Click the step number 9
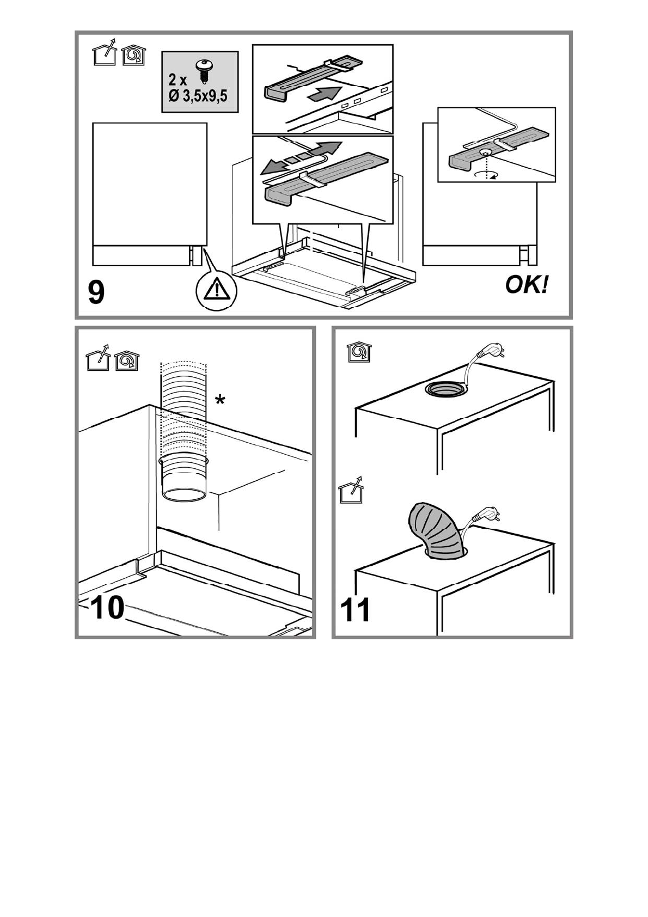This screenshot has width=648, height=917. pyautogui.click(x=96, y=293)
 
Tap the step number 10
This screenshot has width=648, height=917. pyautogui.click(x=108, y=608)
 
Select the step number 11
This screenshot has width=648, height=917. pyautogui.click(x=356, y=610)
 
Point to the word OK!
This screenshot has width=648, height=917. pyautogui.click(x=527, y=285)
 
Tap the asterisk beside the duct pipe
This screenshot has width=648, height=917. pyautogui.click(x=219, y=401)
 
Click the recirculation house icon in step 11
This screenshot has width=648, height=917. pyautogui.click(x=359, y=352)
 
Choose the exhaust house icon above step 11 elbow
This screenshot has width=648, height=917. pyautogui.click(x=351, y=491)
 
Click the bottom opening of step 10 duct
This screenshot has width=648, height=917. pyautogui.click(x=185, y=496)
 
